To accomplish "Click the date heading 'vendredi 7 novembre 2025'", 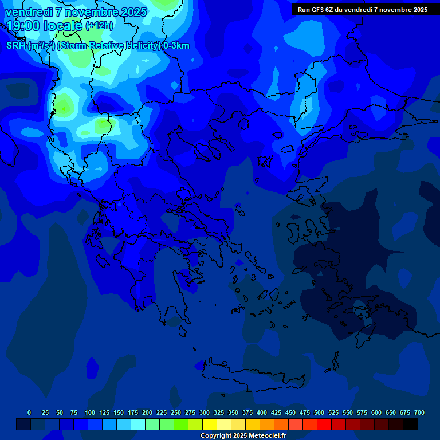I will (x=76, y=12).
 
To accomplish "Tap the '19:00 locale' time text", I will (x=45, y=26).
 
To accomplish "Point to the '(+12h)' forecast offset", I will (x=99, y=26).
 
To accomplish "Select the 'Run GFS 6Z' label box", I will (x=362, y=9).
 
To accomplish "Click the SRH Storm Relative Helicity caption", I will (x=97, y=46).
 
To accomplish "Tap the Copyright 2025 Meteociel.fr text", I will (x=243, y=436).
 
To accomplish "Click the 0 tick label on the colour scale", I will (x=29, y=412).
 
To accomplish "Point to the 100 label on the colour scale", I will (x=89, y=412).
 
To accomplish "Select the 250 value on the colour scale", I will (x=175, y=412).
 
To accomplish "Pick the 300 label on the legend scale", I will (x=204, y=412).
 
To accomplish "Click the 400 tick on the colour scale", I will (x=261, y=412).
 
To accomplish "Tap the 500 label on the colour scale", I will (x=319, y=412).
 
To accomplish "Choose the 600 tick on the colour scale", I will (x=376, y=412).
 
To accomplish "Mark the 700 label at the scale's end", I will (x=419, y=412).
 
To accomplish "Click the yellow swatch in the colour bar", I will (x=210, y=425).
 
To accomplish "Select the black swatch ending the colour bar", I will (x=410, y=425).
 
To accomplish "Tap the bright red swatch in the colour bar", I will (x=324, y=425).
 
